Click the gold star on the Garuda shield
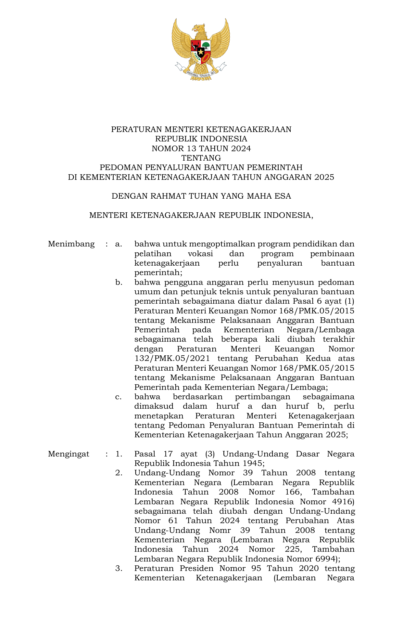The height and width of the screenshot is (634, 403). pos(201,51)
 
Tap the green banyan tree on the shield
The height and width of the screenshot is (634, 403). pos(206,46)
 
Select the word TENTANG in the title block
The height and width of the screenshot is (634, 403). pos(201,158)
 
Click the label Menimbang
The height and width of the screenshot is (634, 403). pos(71,244)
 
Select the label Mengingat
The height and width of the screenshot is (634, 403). pos(69,454)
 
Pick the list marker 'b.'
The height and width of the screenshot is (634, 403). pos(119,282)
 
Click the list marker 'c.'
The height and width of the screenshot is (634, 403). pos(119,397)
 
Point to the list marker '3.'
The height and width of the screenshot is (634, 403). pos(119,568)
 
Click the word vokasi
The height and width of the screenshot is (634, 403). pos(200,254)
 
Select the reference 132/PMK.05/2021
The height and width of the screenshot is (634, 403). pos(172,359)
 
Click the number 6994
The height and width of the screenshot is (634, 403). pos(326,559)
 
